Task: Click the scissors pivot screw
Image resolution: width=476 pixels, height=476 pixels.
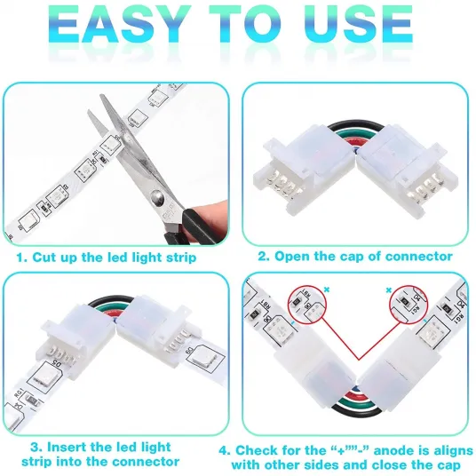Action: click(x=158, y=199)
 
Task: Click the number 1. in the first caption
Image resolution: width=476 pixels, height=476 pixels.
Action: click(x=22, y=258)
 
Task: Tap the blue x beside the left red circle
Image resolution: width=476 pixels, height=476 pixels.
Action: click(x=327, y=290)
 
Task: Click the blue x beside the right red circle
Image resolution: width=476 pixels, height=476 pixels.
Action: click(x=389, y=290)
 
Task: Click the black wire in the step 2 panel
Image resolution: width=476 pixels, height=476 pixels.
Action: click(x=354, y=124)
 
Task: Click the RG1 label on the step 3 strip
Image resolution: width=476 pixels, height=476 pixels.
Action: click(x=19, y=393)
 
